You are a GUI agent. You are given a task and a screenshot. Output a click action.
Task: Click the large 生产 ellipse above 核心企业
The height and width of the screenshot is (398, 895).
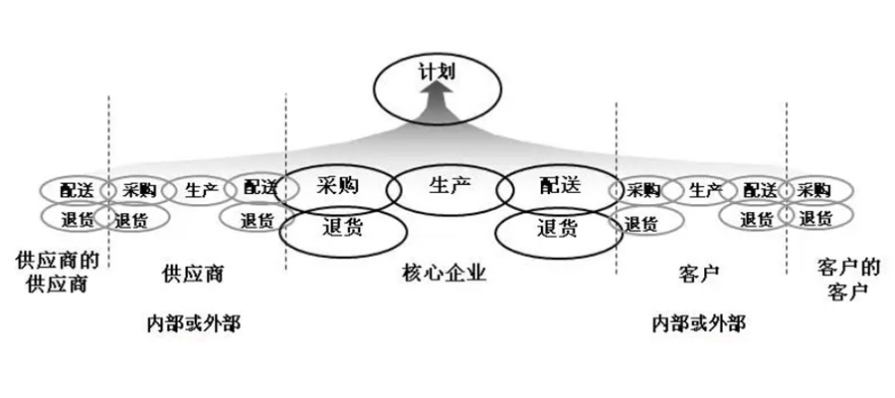445,186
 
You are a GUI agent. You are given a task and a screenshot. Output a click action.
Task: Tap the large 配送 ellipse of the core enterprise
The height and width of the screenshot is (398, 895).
557,186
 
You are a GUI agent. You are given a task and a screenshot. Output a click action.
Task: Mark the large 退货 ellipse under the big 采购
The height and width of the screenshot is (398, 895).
343,230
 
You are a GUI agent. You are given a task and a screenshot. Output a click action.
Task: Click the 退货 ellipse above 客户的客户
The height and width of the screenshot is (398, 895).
818,217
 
